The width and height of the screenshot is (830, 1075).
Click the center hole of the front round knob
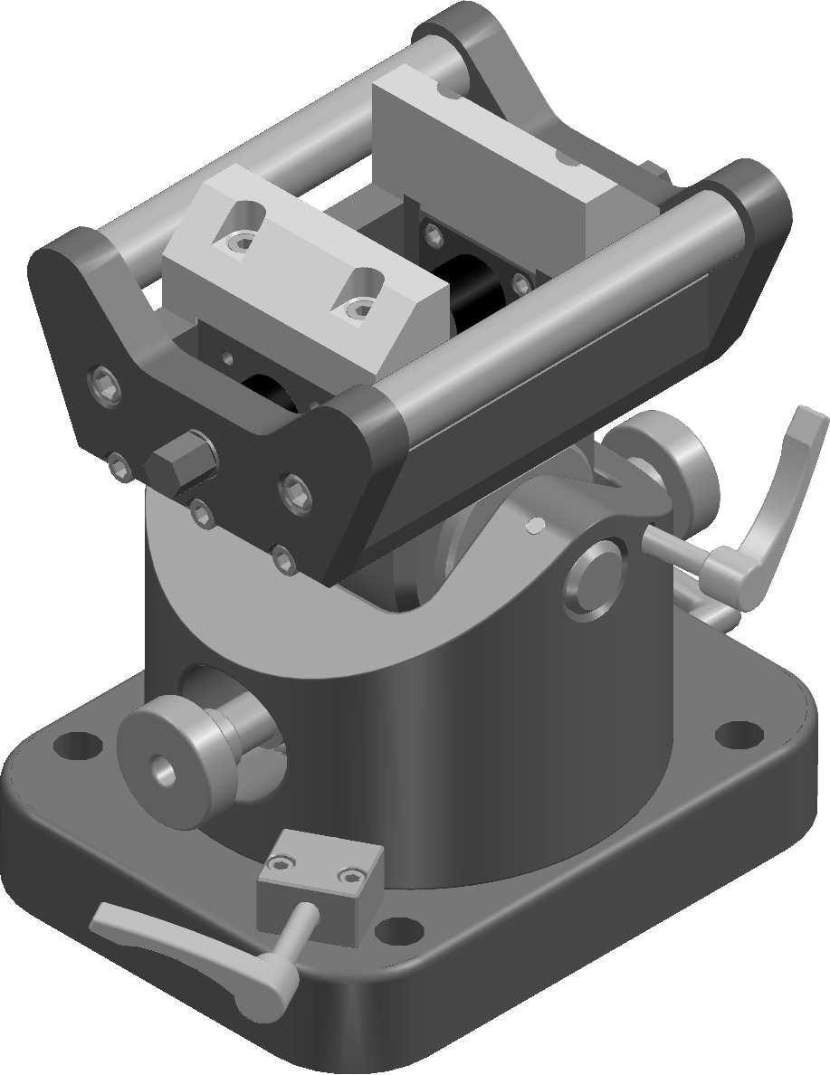coord(165,770)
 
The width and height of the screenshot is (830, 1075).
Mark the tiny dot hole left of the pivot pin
coord(534,522)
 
